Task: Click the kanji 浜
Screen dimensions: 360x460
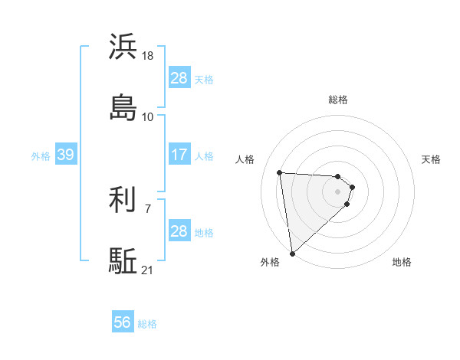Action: pyautogui.click(x=123, y=47)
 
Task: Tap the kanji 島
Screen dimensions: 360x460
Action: pyautogui.click(x=123, y=107)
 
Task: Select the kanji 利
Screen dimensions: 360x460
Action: pyautogui.click(x=123, y=200)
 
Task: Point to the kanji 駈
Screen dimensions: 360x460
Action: pyautogui.click(x=123, y=260)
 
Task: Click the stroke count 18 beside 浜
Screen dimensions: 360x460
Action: pyautogui.click(x=149, y=57)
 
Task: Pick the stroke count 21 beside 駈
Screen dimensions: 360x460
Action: pyautogui.click(x=148, y=270)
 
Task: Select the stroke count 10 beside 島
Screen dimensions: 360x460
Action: pyautogui.click(x=148, y=116)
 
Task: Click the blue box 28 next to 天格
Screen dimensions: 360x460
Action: pyautogui.click(x=179, y=78)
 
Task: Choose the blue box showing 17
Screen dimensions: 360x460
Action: pyautogui.click(x=179, y=155)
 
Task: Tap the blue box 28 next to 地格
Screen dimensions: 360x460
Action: pyautogui.click(x=179, y=231)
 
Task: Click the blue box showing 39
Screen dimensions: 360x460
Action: pyautogui.click(x=65, y=155)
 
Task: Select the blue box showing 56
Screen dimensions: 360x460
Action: pyautogui.click(x=122, y=323)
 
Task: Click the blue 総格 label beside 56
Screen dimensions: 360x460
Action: pyautogui.click(x=147, y=324)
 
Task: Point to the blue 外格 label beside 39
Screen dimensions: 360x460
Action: pyautogui.click(x=41, y=155)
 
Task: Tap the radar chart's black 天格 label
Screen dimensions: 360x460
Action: pyautogui.click(x=431, y=159)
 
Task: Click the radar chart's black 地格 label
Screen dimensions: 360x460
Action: pyautogui.click(x=402, y=262)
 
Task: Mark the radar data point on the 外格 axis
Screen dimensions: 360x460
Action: pyautogui.click(x=291, y=253)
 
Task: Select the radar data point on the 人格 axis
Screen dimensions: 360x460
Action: pyautogui.click(x=280, y=172)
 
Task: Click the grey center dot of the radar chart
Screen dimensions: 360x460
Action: pyautogui.click(x=337, y=191)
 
